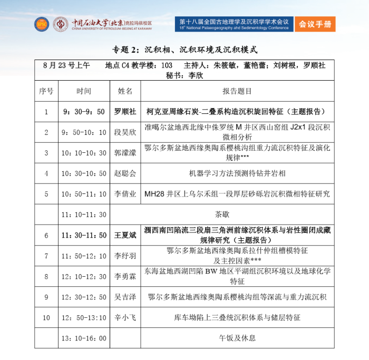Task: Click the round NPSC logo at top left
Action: tap(42, 24)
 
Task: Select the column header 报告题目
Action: tap(237, 91)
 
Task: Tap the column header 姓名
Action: tap(125, 91)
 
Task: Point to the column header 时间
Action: tap(83, 91)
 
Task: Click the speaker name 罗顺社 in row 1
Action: tap(125, 112)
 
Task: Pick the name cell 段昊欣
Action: tap(125, 132)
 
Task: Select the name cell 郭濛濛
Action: tap(125, 153)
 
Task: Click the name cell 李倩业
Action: tap(125, 194)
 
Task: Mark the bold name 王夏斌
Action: tap(125, 236)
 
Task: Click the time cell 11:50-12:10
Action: tap(83, 256)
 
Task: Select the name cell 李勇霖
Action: tap(125, 277)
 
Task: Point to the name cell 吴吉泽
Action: tap(125, 297)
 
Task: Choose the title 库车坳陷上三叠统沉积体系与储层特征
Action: tap(237, 318)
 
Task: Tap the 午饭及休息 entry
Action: tap(237, 338)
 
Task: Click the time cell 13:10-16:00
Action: tap(83, 338)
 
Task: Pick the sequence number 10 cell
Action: tap(46, 318)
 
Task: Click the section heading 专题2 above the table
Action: tap(184, 50)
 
